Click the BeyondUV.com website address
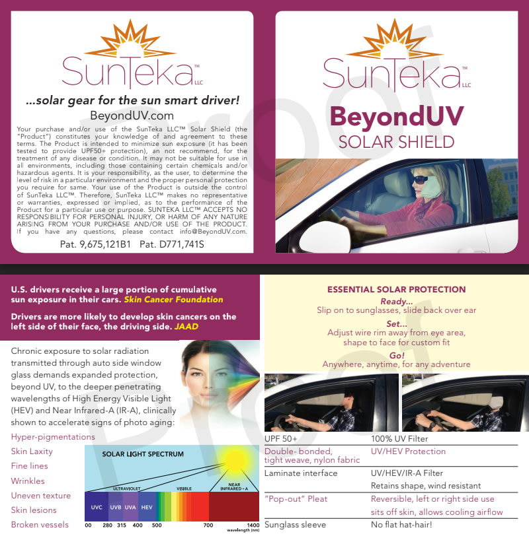(x=132, y=115)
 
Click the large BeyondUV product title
(x=396, y=117)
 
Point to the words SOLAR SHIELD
(x=396, y=142)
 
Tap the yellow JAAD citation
(x=186, y=326)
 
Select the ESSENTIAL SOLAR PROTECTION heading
(x=396, y=290)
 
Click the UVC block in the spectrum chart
(x=97, y=506)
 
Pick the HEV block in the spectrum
(x=147, y=506)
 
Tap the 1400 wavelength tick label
(x=252, y=525)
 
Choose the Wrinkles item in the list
(x=28, y=481)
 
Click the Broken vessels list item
(x=40, y=525)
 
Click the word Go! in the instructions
(x=396, y=355)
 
